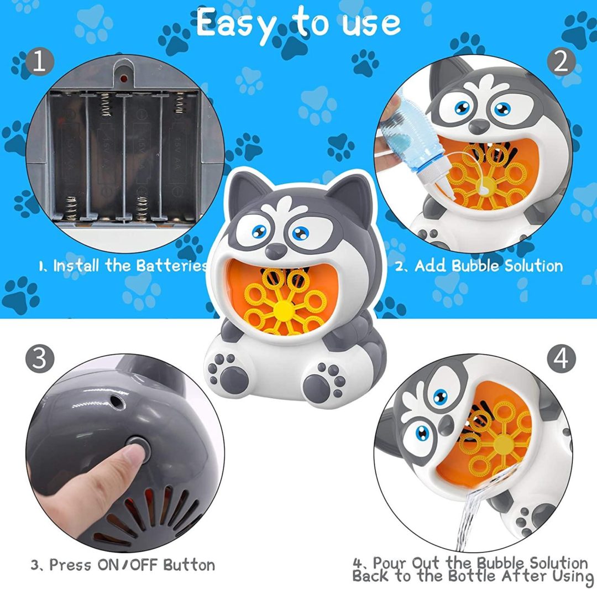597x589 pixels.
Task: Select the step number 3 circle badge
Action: pyautogui.click(x=40, y=359)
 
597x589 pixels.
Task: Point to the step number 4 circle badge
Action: pyautogui.click(x=561, y=359)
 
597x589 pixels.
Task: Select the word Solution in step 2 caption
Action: pyautogui.click(x=533, y=266)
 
